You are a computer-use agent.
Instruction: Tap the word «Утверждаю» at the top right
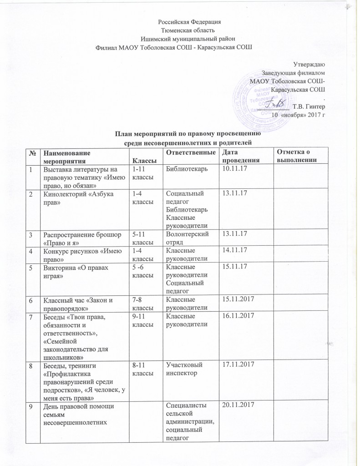[x=309, y=64]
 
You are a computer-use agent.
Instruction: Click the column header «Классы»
[x=142, y=160]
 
